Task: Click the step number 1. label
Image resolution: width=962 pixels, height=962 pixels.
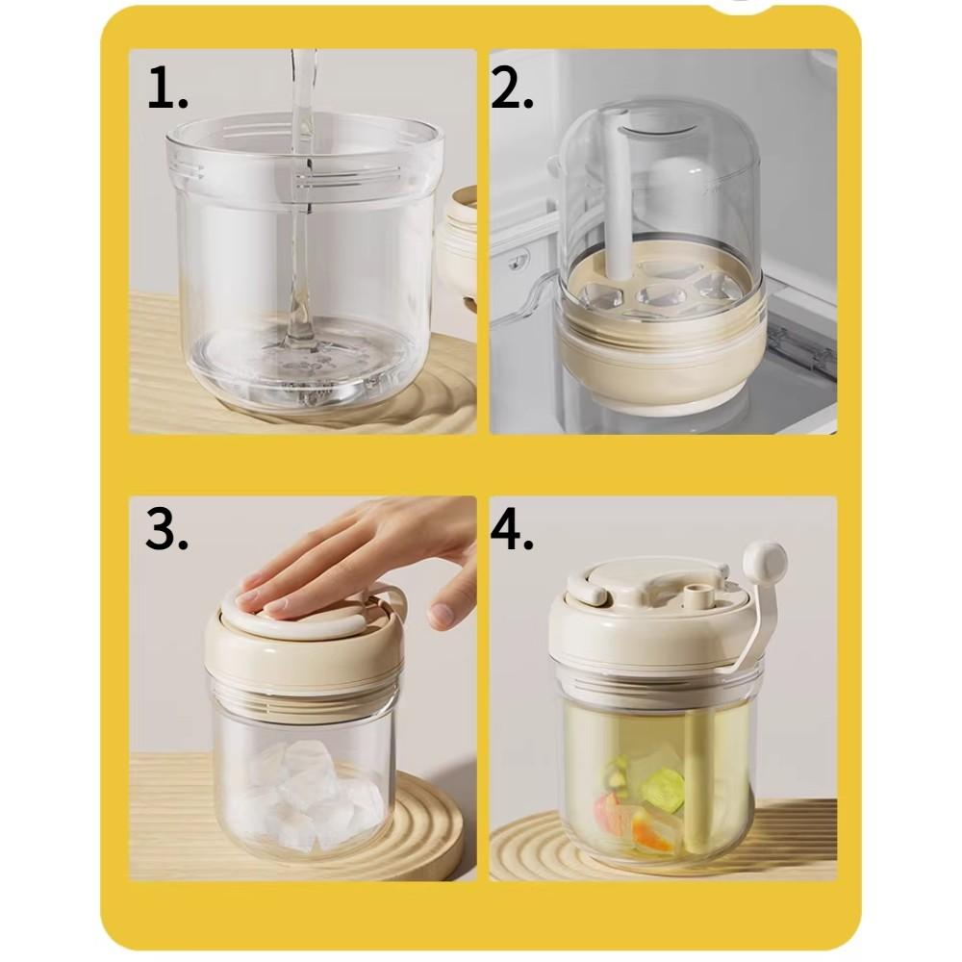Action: pyautogui.click(x=167, y=89)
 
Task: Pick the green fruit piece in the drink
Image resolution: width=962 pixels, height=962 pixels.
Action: pyautogui.click(x=663, y=789)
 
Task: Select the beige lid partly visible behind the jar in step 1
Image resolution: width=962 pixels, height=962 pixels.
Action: pyautogui.click(x=459, y=240)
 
